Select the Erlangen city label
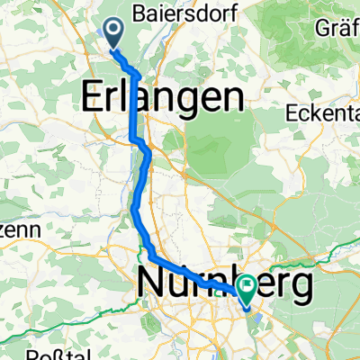click(163, 96)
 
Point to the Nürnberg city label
click(226, 284)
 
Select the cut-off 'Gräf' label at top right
click(337, 27)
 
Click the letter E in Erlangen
click(94, 96)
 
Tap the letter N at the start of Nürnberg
click(154, 284)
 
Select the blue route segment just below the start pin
click(127, 63)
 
